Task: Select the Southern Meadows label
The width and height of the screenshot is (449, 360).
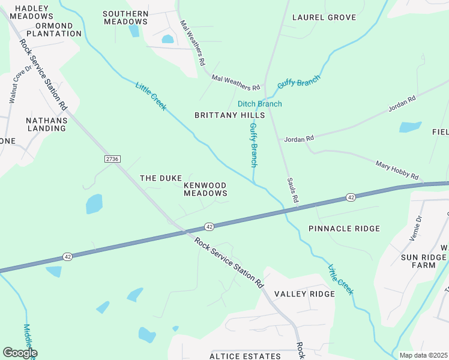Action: tap(125, 17)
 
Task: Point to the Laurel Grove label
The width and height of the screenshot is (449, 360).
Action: tap(324, 17)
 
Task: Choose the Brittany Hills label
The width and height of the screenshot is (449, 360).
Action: tap(229, 115)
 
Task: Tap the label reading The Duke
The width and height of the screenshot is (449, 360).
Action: tap(160, 178)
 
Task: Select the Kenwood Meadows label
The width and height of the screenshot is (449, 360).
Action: tap(205, 189)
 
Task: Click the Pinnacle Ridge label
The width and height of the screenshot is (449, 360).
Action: tap(344, 229)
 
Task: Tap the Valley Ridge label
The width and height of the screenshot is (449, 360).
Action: tap(304, 293)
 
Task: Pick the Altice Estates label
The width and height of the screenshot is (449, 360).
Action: tap(245, 356)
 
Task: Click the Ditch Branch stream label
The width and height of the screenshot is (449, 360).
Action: tap(259, 104)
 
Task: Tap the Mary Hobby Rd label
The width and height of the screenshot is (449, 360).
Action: tap(396, 170)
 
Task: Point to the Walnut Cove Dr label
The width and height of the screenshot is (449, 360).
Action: tap(12, 87)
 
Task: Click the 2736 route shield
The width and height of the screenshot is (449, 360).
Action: tap(112, 158)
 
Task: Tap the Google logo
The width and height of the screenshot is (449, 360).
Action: tap(20, 353)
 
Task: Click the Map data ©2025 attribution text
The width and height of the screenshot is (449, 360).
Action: tap(423, 355)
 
